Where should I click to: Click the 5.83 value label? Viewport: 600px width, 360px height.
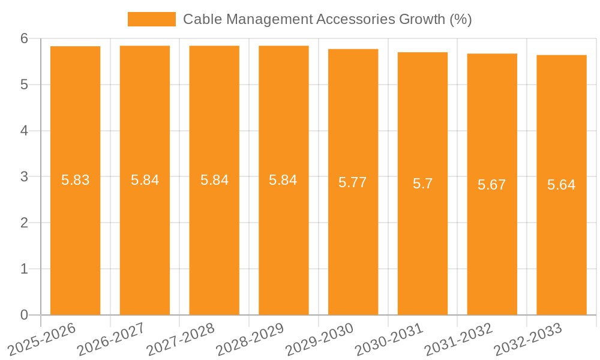76,180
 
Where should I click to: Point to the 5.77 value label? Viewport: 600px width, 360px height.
353,182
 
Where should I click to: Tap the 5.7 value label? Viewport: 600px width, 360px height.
422,184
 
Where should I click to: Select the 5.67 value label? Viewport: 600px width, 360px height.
492,185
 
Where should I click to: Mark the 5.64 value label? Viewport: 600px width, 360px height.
561,185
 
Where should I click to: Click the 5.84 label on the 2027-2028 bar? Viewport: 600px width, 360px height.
214,180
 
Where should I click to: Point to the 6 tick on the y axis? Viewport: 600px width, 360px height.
24,39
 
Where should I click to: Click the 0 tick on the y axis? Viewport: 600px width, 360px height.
24,315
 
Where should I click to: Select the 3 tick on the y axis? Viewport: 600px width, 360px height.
24,177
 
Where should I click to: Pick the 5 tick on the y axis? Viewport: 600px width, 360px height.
24,85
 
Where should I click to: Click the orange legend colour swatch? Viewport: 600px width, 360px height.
151,19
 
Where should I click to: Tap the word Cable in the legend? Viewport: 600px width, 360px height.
200,19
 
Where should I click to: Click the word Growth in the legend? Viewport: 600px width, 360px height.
423,19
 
